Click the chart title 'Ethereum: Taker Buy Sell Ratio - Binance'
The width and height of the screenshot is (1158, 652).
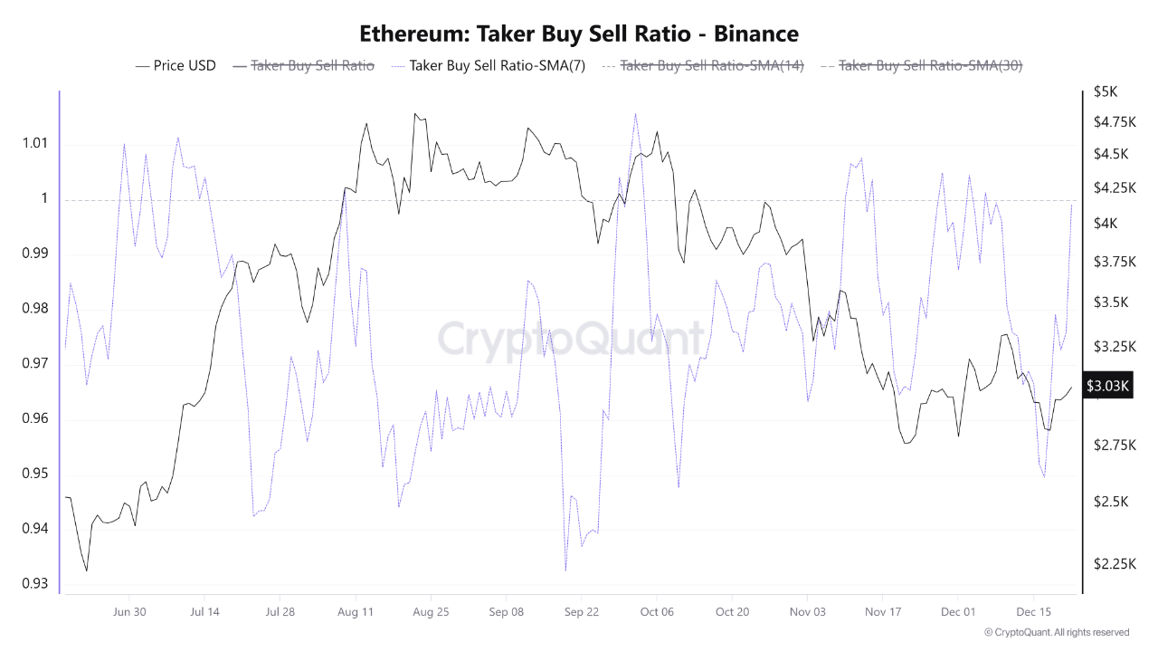click(579, 34)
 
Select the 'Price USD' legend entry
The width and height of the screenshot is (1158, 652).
click(185, 65)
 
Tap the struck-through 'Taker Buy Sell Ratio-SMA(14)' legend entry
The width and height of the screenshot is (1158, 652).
click(712, 65)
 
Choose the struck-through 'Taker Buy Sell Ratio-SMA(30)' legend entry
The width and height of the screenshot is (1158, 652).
click(930, 65)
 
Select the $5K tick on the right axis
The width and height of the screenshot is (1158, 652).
click(1106, 91)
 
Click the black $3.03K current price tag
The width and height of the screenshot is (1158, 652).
click(1108, 387)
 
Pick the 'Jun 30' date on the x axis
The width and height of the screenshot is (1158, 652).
click(129, 612)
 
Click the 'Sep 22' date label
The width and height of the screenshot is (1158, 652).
click(582, 612)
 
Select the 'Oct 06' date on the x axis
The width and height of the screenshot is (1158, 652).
click(657, 612)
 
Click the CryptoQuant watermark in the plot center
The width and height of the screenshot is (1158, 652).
click(571, 339)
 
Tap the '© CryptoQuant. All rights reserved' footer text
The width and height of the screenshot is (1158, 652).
click(1056, 632)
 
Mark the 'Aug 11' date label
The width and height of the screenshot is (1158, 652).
click(356, 612)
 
